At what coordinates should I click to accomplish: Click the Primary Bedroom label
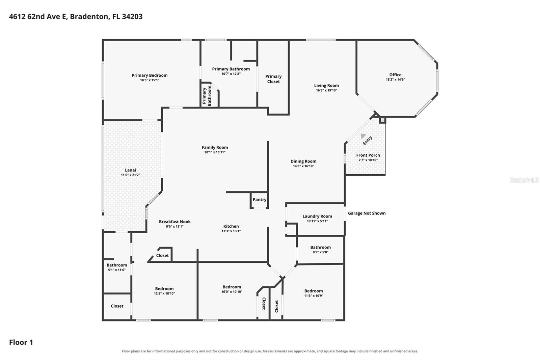point(150,75)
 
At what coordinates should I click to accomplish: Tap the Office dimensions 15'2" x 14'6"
point(395,80)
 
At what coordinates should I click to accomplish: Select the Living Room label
point(326,85)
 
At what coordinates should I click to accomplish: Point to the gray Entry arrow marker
point(363,136)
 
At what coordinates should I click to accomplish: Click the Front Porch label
point(368,155)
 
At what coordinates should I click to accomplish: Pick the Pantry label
point(260,200)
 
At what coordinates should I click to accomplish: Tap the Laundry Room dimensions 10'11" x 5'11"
point(317,221)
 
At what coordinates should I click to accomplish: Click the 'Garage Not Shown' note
point(367,213)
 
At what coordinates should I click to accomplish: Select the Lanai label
point(130,170)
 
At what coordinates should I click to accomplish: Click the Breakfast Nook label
point(175,222)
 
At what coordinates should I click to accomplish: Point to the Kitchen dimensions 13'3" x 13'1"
point(231,231)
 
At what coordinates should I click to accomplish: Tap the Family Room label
point(215,148)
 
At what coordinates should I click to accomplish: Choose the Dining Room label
point(303,161)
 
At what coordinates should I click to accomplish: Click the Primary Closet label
point(273,79)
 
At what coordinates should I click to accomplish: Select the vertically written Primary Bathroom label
point(207,96)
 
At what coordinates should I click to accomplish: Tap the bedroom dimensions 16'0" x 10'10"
point(232,292)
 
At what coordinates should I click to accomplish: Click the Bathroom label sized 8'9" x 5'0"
point(320,247)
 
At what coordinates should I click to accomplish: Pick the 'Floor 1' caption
point(21,342)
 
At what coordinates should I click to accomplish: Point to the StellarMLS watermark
point(524,180)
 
